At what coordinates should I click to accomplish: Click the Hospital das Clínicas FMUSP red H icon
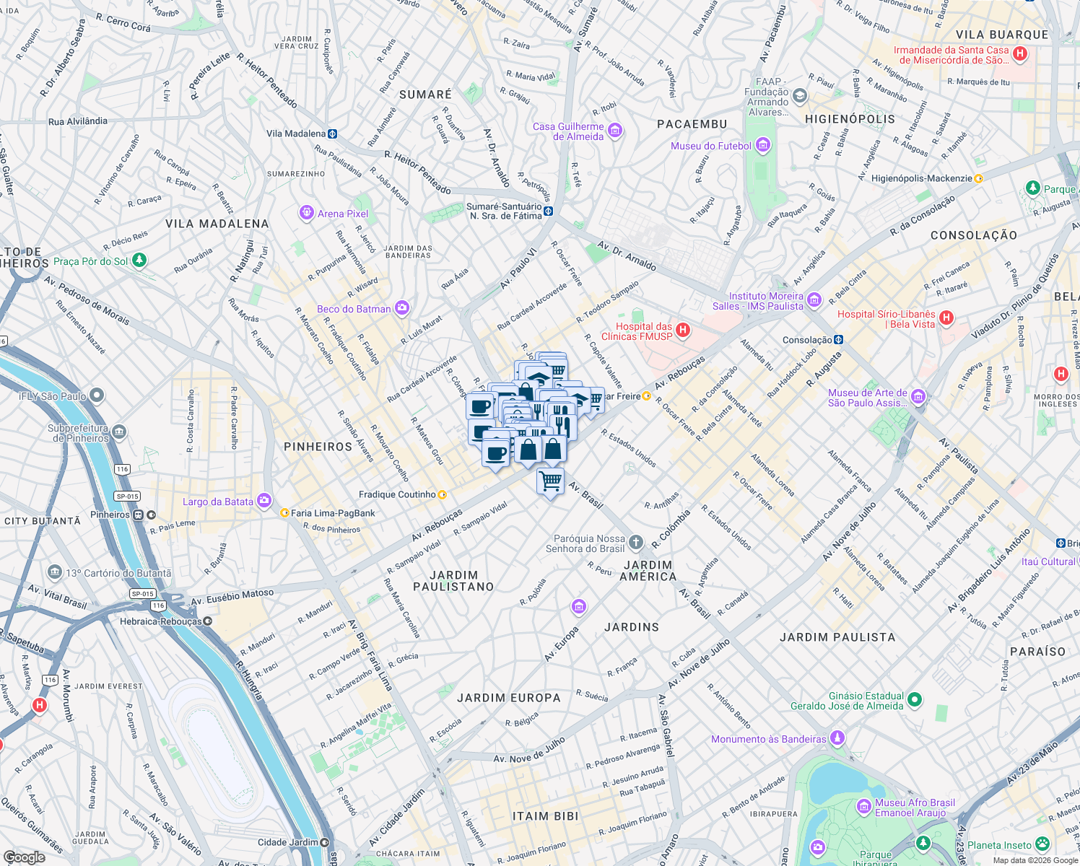(x=683, y=331)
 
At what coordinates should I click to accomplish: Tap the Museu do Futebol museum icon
(x=763, y=146)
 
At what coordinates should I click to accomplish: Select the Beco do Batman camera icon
(x=402, y=308)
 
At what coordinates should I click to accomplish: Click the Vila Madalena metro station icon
(x=332, y=134)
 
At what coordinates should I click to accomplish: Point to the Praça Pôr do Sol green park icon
(x=139, y=260)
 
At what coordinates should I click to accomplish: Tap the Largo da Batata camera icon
(x=264, y=500)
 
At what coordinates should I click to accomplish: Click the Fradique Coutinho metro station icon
(x=443, y=494)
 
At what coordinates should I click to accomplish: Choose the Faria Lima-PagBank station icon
(x=284, y=513)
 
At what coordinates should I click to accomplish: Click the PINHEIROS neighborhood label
(x=318, y=447)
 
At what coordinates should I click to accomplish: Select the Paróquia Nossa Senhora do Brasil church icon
(x=635, y=542)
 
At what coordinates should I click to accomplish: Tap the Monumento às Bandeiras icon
(x=837, y=738)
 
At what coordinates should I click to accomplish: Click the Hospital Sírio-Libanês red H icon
(x=946, y=318)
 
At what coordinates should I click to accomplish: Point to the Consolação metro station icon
(x=838, y=339)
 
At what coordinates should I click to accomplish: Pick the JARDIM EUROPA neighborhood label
(x=508, y=698)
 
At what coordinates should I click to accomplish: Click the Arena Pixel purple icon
(x=306, y=213)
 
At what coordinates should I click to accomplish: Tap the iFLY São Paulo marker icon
(x=97, y=395)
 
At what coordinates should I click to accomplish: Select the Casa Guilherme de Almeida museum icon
(x=614, y=131)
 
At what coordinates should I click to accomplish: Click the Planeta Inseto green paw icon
(x=1042, y=844)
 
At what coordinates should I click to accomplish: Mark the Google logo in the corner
(x=24, y=857)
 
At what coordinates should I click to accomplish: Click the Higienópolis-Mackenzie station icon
(x=979, y=178)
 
